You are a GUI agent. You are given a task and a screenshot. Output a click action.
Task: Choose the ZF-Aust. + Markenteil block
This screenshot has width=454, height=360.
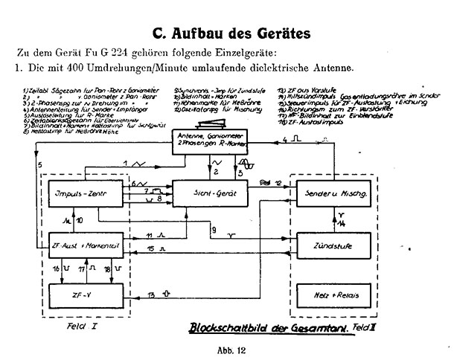76,245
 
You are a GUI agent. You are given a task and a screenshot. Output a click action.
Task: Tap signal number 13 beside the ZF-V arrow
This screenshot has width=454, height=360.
151,297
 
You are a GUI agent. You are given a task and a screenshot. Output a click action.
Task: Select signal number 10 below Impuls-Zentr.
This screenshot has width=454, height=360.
80,220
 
